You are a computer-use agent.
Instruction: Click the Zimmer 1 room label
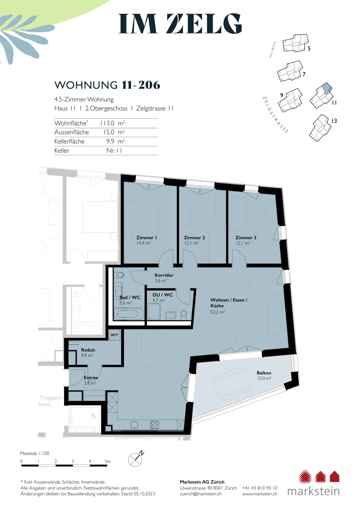[x=147, y=238]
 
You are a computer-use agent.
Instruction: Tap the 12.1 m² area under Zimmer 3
[x=243, y=243]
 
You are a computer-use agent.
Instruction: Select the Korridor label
[x=164, y=275]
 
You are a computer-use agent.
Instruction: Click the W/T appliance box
[x=114, y=335]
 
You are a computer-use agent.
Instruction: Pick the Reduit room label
[x=88, y=350]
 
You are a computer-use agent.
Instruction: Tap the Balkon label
[x=264, y=373]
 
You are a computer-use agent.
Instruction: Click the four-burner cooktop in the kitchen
[x=155, y=425]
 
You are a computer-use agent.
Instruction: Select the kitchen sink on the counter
[x=134, y=425]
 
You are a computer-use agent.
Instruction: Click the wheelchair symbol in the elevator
[x=93, y=416]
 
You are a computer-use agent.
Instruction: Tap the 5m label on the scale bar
[x=107, y=461]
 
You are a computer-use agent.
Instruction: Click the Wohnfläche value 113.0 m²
[x=113, y=123]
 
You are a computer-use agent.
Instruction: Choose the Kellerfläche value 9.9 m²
[x=116, y=141]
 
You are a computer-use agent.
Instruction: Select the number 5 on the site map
[x=309, y=49]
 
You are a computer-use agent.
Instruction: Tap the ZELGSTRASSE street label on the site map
[x=275, y=115]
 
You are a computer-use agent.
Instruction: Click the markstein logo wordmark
[x=314, y=491]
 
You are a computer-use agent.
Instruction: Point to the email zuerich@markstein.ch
[x=201, y=494]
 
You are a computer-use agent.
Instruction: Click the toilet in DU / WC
[x=183, y=314]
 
